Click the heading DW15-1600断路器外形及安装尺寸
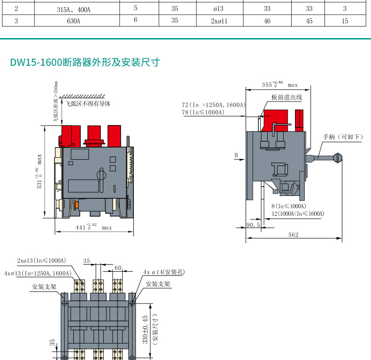85,63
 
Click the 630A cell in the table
73,21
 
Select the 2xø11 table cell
219,21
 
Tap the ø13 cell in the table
219,8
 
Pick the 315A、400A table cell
73,8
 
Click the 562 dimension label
294,235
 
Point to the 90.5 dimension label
253,225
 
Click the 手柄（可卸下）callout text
343,137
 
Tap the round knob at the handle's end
337,158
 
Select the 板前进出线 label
286,97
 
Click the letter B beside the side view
236,155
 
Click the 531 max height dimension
40,172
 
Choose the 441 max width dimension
94,227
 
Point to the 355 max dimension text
279,85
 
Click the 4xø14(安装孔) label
164,272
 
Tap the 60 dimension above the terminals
118,268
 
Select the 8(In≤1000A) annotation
289,206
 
